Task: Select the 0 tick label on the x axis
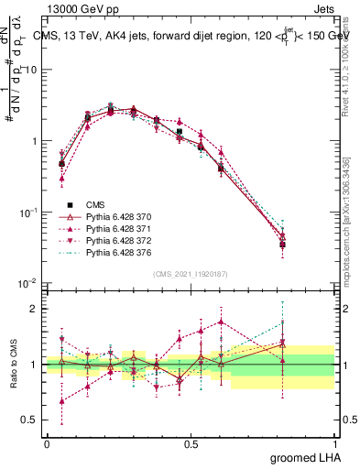[47, 442]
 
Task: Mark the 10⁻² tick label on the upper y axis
[28, 283]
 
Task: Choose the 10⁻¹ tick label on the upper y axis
[28, 212]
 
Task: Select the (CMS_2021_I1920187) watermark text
[191, 274]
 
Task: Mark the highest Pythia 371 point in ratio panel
[221, 322]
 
